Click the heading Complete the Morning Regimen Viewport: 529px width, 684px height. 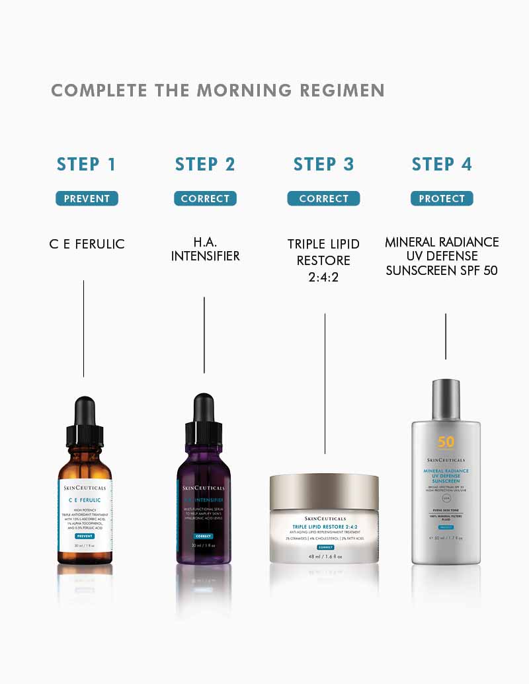pyautogui.click(x=218, y=91)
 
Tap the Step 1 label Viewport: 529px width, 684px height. pyautogui.click(x=87, y=165)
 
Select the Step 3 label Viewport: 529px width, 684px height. pyautogui.click(x=323, y=165)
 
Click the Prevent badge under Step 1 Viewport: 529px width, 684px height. pyautogui.click(x=87, y=198)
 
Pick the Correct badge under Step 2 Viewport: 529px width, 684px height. pyautogui.click(x=205, y=198)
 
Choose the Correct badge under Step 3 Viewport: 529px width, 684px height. pyautogui.click(x=323, y=198)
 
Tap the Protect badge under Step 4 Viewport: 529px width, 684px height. pyautogui.click(x=442, y=198)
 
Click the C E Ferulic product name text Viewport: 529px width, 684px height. pyautogui.click(x=87, y=244)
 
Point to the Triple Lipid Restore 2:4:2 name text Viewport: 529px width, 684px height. pyautogui.click(x=323, y=260)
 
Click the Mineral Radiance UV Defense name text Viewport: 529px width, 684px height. pyautogui.click(x=442, y=256)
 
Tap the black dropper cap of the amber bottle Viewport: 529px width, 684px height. pyautogui.click(x=84, y=423)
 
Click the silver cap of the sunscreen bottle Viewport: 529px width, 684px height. pyautogui.click(x=445, y=399)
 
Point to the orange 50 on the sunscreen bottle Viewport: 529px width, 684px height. pyautogui.click(x=446, y=442)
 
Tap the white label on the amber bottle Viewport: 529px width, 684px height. pyautogui.click(x=84, y=512)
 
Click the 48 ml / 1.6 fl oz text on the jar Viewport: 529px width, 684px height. pyautogui.click(x=324, y=556)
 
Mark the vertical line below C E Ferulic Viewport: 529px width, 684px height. pyautogui.click(x=83, y=328)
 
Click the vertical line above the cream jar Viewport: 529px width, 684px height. pyautogui.click(x=325, y=383)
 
